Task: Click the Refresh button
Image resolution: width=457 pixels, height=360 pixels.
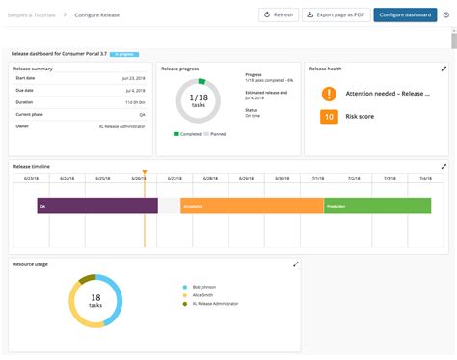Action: coord(279,15)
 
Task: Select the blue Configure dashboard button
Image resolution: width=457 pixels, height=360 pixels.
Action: coord(405,15)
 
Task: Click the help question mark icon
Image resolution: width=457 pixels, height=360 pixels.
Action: coord(446,15)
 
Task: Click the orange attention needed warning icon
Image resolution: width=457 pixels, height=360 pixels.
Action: coord(329,94)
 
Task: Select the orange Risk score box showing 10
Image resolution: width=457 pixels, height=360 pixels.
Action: coord(329,117)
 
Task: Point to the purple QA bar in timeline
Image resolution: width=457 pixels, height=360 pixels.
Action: coord(96,206)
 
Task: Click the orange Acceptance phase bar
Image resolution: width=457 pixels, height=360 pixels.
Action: coord(252,206)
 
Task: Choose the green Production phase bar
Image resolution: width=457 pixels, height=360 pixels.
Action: coord(377,206)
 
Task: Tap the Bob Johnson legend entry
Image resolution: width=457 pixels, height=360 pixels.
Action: coord(204,288)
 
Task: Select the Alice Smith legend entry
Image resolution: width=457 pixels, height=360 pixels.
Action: coord(202,295)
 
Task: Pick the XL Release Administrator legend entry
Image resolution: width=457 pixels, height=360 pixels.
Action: coord(214,304)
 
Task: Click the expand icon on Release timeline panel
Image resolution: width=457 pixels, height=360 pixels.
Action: coord(444,166)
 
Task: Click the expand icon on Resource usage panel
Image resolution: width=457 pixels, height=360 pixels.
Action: coord(296,263)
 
